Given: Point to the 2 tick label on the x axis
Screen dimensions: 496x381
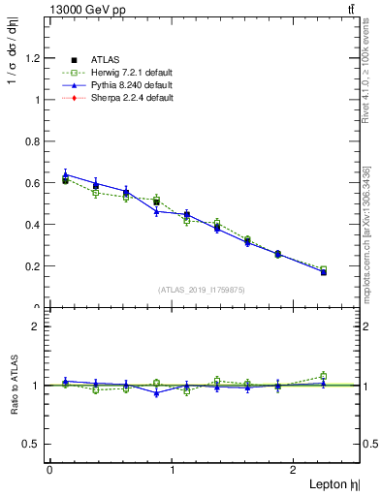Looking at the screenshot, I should (297, 470).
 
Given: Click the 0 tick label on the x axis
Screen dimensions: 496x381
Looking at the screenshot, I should (49, 470).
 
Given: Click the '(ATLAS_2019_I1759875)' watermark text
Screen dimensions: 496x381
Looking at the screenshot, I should (203, 289).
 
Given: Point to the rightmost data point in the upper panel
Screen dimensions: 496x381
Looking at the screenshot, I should (324, 271).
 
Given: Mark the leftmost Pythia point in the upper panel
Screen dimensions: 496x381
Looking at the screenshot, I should (64, 174).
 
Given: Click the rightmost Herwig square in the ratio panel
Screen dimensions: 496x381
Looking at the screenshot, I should (324, 376).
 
